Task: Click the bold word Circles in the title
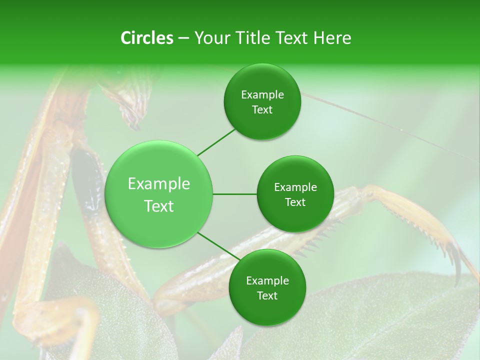click(x=147, y=38)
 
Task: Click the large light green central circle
click(x=159, y=194)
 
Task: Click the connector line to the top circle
click(x=217, y=141)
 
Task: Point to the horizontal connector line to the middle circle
click(x=235, y=194)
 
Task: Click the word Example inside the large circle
click(x=159, y=184)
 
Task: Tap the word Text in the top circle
click(x=262, y=110)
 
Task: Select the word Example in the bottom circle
click(x=267, y=281)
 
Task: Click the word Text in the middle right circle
click(x=295, y=202)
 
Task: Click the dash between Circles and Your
click(x=183, y=38)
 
